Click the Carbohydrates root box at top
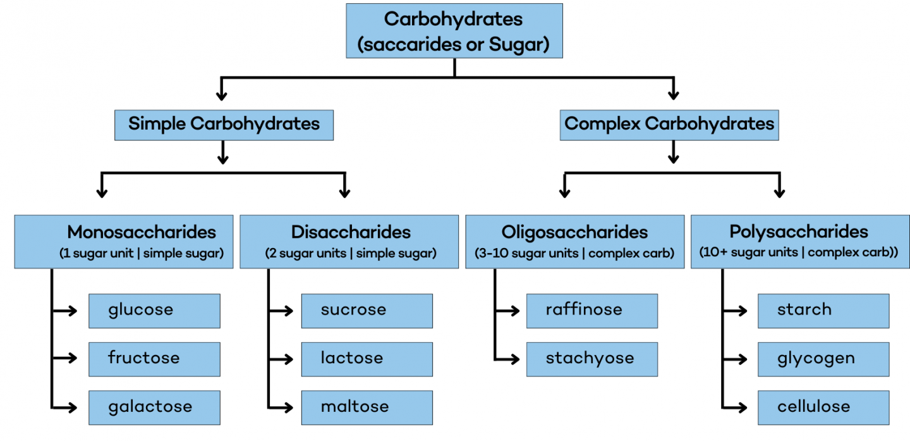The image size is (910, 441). click(x=454, y=31)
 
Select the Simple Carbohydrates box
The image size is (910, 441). click(x=224, y=124)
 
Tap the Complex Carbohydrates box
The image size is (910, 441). click(x=669, y=124)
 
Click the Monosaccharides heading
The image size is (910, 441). click(x=142, y=232)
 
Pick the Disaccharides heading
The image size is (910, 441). click(x=351, y=232)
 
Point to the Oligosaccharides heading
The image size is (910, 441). click(x=574, y=232)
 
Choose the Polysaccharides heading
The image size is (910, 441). click(x=799, y=232)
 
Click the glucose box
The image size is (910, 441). click(x=154, y=311)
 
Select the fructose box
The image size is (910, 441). click(x=154, y=359)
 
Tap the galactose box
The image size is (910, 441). click(x=154, y=407)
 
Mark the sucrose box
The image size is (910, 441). click(x=367, y=311)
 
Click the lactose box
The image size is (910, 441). click(x=367, y=359)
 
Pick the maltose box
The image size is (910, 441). click(x=367, y=407)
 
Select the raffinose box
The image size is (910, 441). click(x=591, y=311)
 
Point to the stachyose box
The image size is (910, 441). click(x=591, y=359)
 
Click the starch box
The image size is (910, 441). click(x=823, y=311)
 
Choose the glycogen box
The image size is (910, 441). click(x=823, y=359)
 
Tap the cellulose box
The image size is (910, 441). click(x=823, y=407)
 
